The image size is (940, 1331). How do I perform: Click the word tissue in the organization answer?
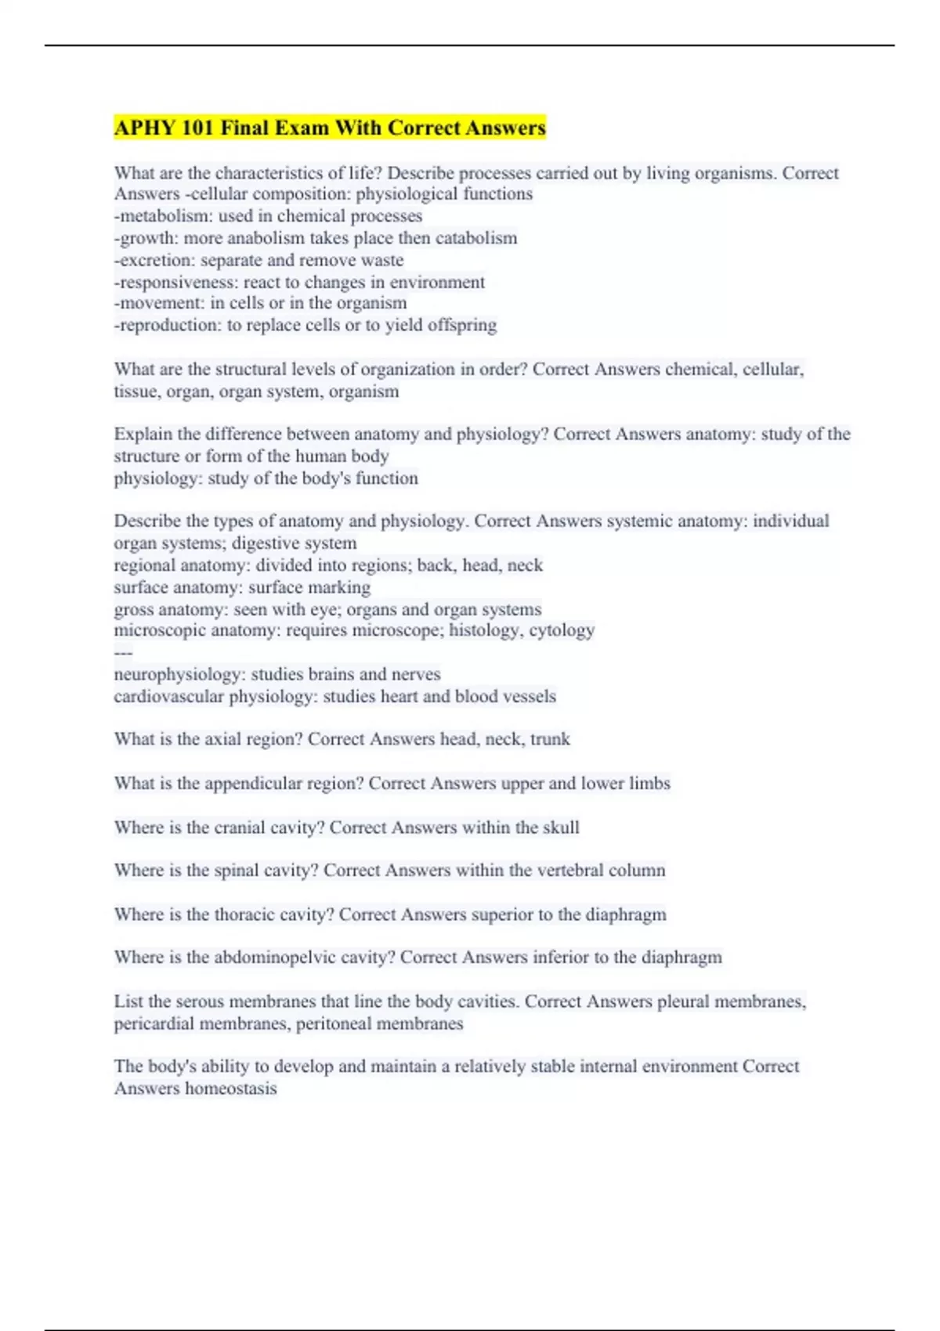(135, 391)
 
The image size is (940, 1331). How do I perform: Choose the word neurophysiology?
(179, 674)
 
